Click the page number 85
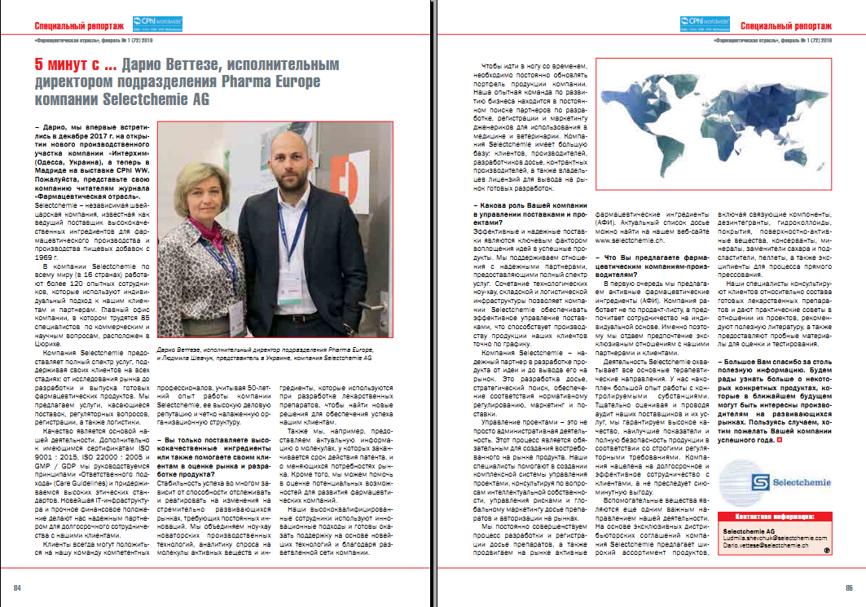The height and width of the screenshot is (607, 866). pyautogui.click(x=848, y=588)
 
